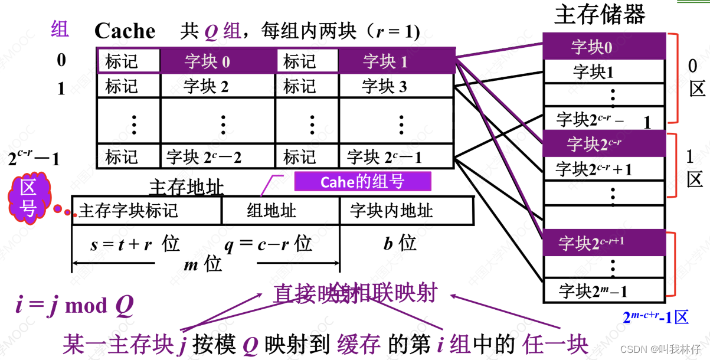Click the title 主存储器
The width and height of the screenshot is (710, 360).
pyautogui.click(x=600, y=15)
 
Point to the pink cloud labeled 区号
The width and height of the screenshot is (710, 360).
pyautogui.click(x=29, y=198)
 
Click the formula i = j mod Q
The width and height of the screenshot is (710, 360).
pyautogui.click(x=74, y=305)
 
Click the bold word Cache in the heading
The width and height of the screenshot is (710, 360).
pyautogui.click(x=125, y=31)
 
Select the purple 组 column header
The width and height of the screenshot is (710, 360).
pyautogui.click(x=60, y=28)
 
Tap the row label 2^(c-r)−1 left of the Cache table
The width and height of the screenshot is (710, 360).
pyautogui.click(x=34, y=158)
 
